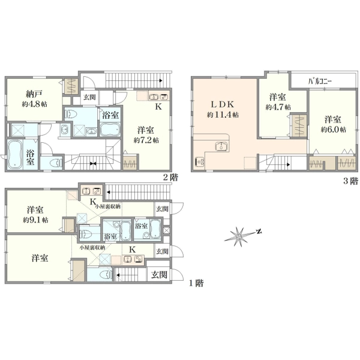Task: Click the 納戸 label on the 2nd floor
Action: click(34, 94)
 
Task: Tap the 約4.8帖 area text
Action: click(34, 104)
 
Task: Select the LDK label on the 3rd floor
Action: click(223, 104)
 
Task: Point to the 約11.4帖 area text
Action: click(223, 115)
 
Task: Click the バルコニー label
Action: click(320, 82)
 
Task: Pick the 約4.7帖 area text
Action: click(278, 107)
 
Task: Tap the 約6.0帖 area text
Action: click(334, 130)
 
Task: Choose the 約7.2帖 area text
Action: click(146, 140)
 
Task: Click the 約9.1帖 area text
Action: click(35, 220)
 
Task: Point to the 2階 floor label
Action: click(170, 177)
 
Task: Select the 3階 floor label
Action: click(350, 181)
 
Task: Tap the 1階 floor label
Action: click(196, 283)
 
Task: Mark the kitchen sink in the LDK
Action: click(222, 146)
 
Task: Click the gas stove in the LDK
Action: click(200, 162)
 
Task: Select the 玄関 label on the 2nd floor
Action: click(89, 97)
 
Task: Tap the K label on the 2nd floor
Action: click(158, 107)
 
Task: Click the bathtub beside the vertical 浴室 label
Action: click(14, 155)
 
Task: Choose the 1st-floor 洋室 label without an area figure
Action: click(40, 258)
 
